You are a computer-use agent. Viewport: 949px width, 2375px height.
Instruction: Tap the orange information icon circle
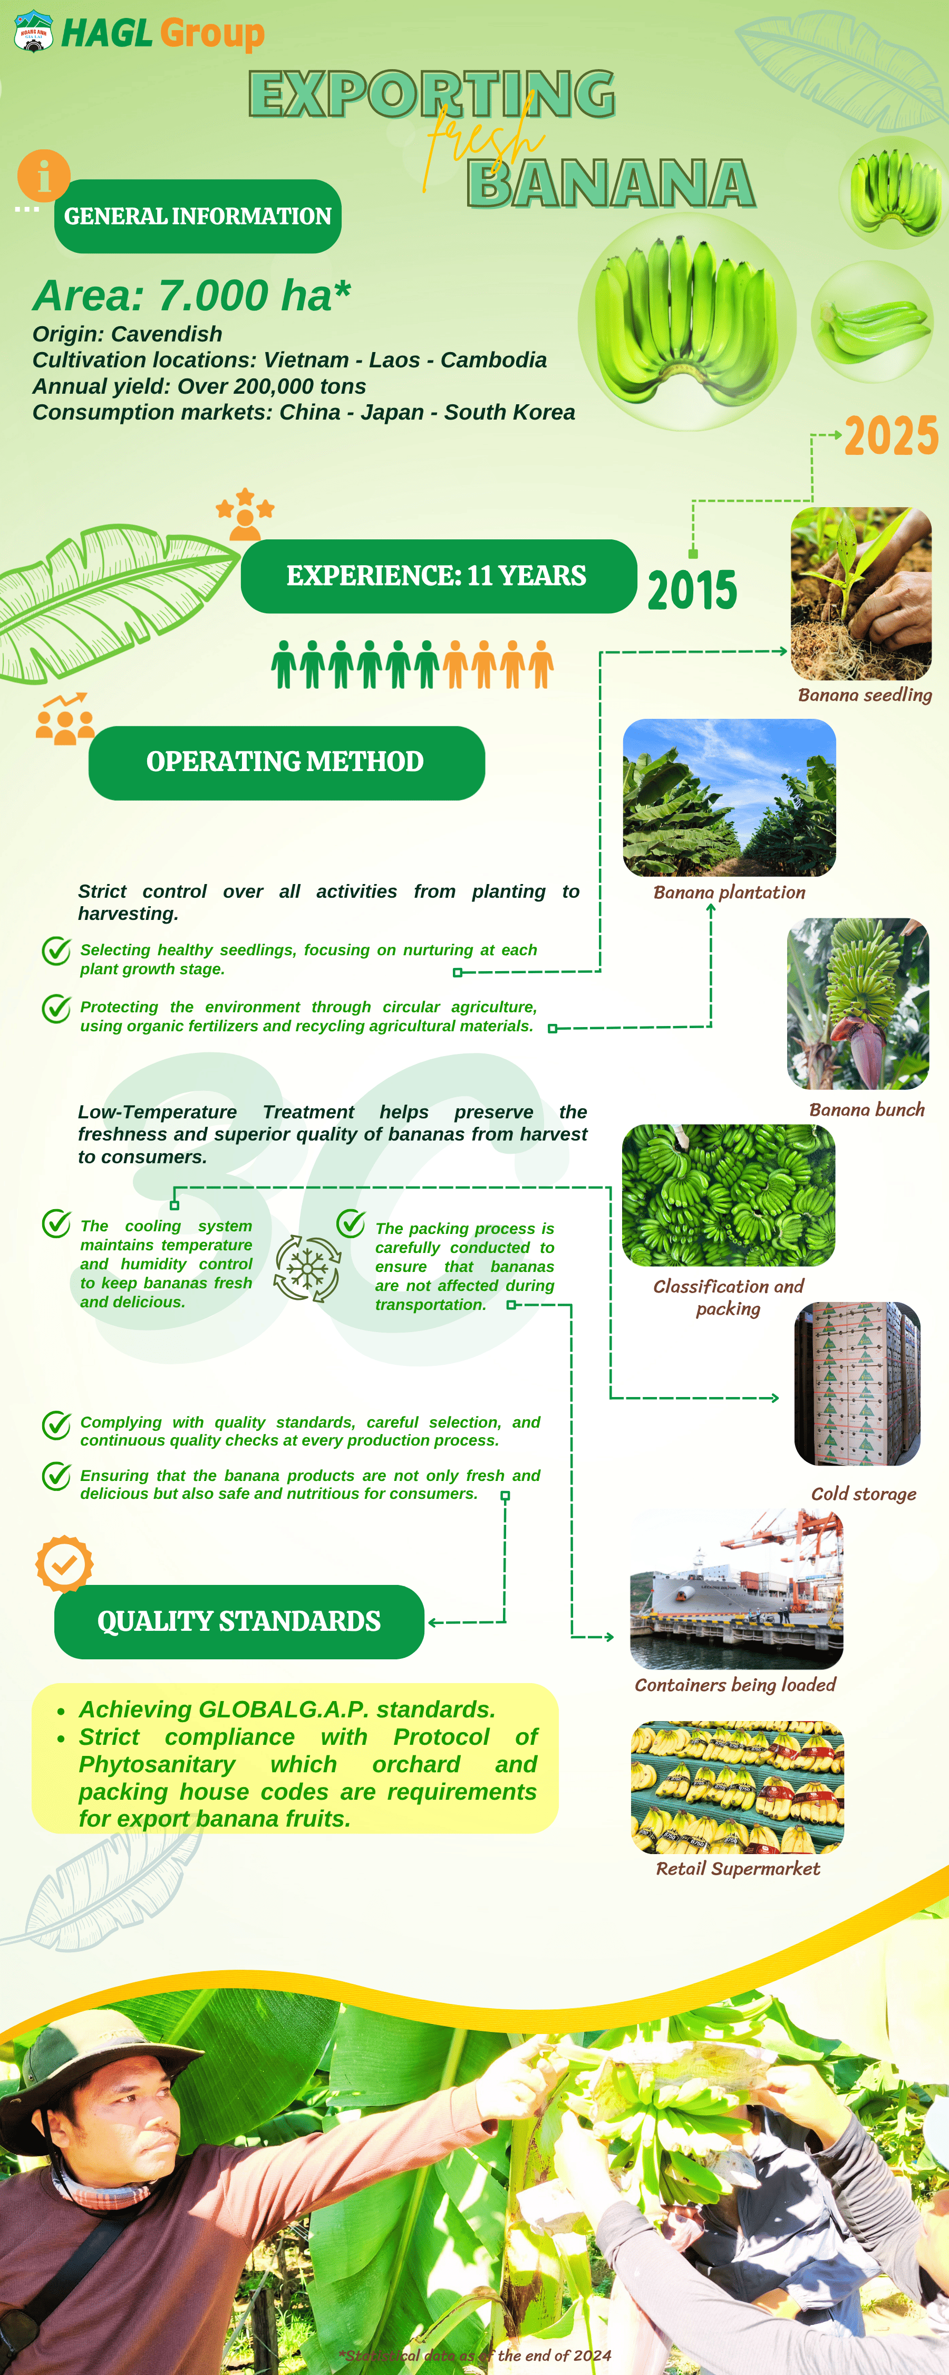[43, 175]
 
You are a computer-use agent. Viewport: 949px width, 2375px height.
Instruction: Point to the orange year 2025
[891, 436]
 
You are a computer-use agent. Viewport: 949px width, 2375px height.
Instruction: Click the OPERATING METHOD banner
[286, 763]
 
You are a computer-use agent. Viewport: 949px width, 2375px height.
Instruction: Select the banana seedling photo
[860, 593]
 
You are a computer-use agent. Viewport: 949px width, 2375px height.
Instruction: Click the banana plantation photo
[729, 797]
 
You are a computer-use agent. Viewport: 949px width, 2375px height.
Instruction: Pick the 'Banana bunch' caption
[866, 1110]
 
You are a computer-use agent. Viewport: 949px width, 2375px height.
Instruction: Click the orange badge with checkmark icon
[64, 1564]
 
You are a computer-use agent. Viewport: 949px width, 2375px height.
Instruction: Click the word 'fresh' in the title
[483, 143]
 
